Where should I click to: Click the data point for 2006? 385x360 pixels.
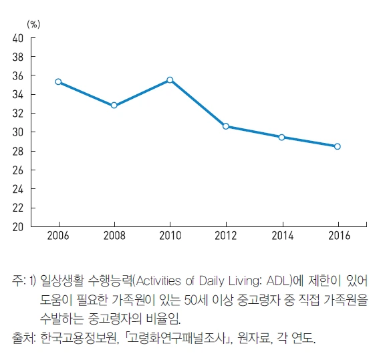pyautogui.click(x=59, y=81)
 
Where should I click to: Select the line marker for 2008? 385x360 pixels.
pyautogui.click(x=114, y=105)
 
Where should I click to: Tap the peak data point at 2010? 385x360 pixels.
pyautogui.click(x=170, y=79)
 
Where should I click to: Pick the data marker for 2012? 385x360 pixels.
pyautogui.click(x=226, y=126)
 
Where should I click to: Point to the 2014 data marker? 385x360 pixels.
pyautogui.click(x=281, y=137)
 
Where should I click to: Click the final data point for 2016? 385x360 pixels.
pyautogui.click(x=337, y=146)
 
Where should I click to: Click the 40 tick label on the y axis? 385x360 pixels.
pyautogui.click(x=18, y=38)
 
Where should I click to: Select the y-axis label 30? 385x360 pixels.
pyautogui.click(x=18, y=132)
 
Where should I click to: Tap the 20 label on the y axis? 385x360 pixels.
pyautogui.click(x=18, y=226)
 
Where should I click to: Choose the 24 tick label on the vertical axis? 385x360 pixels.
pyautogui.click(x=18, y=189)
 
